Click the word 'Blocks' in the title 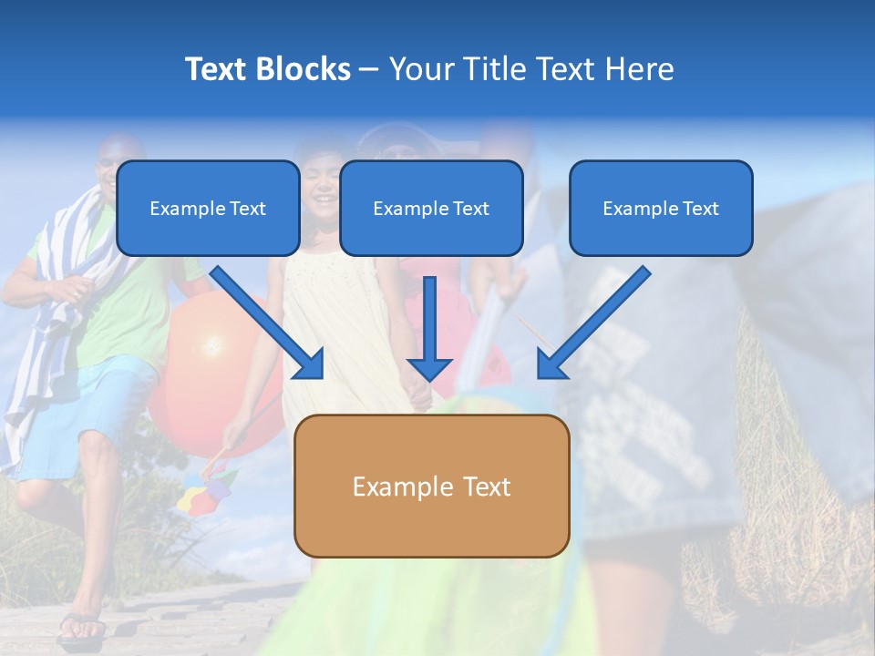[x=304, y=69]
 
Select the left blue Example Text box [x=208, y=208]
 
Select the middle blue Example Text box [x=431, y=208]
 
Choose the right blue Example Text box [x=661, y=208]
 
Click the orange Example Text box [x=432, y=486]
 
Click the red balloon [x=205, y=364]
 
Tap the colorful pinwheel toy [x=206, y=492]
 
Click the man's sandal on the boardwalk [x=81, y=626]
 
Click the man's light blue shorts [x=82, y=410]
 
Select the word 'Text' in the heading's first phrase [x=217, y=69]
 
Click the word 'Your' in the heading [x=420, y=69]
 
